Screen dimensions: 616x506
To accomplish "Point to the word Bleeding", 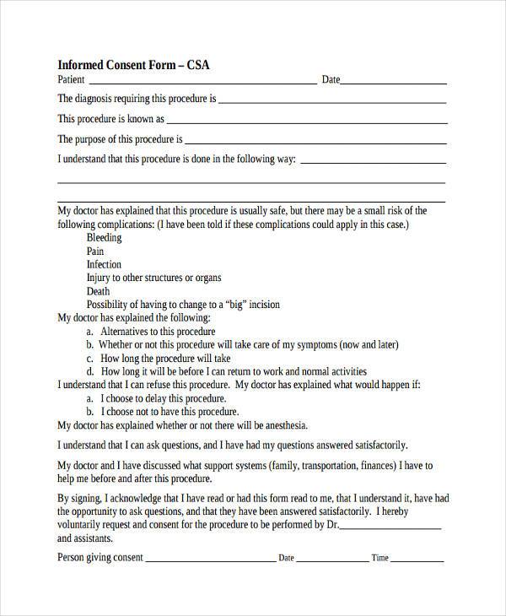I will (104, 238).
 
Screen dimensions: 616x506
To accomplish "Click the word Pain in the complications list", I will (95, 251).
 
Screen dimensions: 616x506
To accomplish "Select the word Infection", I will (104, 265).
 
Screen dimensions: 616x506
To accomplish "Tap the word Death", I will (99, 291).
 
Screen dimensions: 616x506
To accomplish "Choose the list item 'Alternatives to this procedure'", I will (158, 332).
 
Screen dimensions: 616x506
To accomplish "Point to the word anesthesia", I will (283, 425).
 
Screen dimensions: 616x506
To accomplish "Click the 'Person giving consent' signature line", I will (211, 558).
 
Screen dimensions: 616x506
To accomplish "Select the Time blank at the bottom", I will (417, 558).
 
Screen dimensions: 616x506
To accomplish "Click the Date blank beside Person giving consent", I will (332, 558).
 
